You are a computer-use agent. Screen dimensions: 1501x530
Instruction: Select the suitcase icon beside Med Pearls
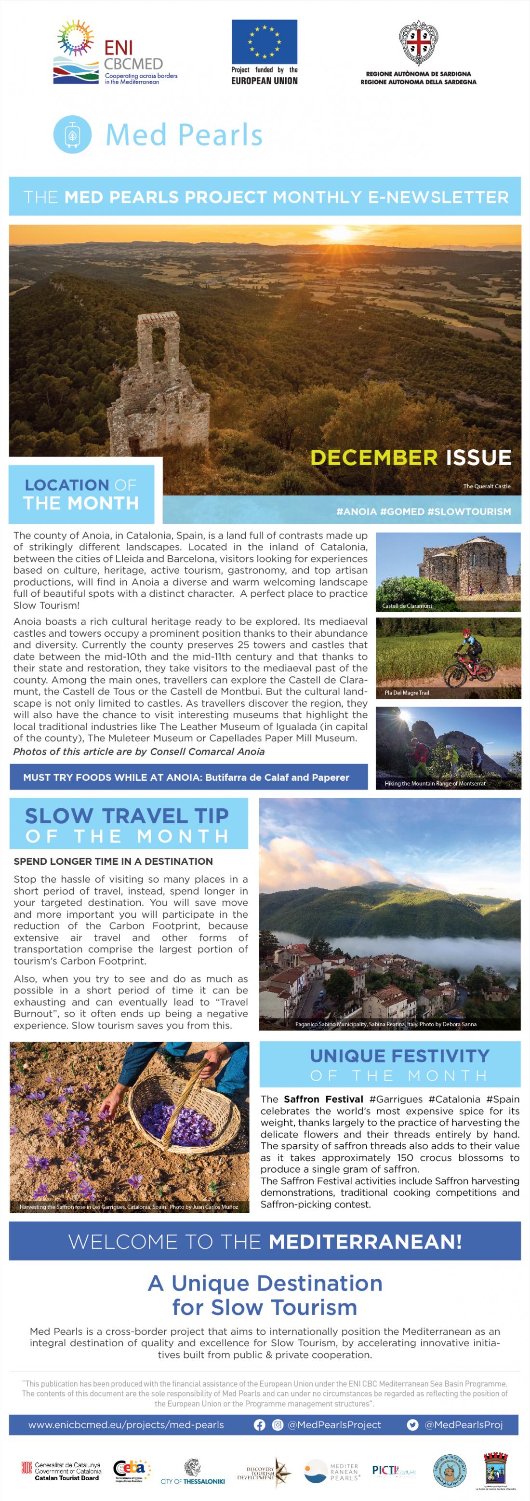tap(72, 134)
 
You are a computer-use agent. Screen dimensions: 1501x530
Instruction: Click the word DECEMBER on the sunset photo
tap(374, 457)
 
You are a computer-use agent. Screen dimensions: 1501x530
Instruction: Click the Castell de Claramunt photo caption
tap(407, 606)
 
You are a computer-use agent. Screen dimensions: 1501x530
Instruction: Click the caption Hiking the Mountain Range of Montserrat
tap(435, 783)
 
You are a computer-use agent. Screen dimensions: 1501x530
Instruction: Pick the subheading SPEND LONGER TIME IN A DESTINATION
tap(113, 861)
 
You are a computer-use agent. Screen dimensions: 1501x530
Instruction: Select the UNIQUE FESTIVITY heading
tap(399, 1056)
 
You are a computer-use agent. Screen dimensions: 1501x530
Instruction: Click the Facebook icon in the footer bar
tap(260, 1425)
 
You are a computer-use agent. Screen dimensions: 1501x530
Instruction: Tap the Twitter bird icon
tap(412, 1425)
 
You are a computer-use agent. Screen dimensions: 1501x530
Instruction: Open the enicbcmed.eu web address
tap(126, 1425)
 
